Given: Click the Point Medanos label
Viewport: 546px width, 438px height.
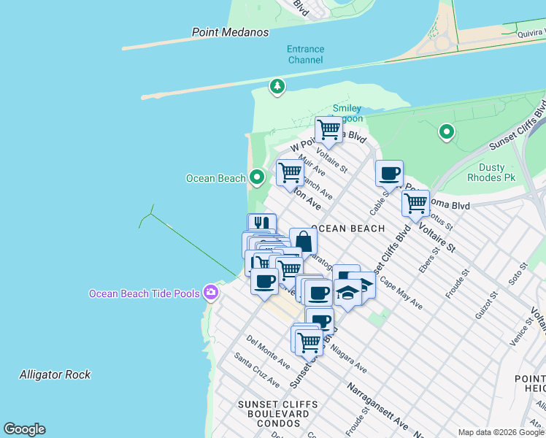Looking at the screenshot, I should tap(230, 32).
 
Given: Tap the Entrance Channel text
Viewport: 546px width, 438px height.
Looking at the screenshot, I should tap(305, 55).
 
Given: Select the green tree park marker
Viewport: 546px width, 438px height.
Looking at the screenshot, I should tap(277, 87).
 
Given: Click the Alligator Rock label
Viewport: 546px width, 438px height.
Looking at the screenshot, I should tap(55, 374).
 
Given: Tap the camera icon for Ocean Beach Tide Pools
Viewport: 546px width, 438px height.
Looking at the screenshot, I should tap(211, 293).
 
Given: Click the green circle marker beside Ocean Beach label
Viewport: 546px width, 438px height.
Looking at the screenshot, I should tap(256, 177).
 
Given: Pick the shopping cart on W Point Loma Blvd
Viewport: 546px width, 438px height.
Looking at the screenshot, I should tap(328, 130).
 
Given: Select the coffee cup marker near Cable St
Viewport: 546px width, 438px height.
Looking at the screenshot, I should tap(389, 173).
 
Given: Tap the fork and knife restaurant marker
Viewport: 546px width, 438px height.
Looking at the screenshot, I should tap(261, 224).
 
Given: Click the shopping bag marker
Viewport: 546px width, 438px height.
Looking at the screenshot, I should tap(303, 240).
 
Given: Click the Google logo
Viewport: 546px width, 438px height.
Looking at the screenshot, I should tap(24, 429).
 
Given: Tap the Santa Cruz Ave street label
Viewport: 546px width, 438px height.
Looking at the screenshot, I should tap(256, 370).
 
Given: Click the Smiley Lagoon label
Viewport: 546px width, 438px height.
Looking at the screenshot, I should tap(347, 114).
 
